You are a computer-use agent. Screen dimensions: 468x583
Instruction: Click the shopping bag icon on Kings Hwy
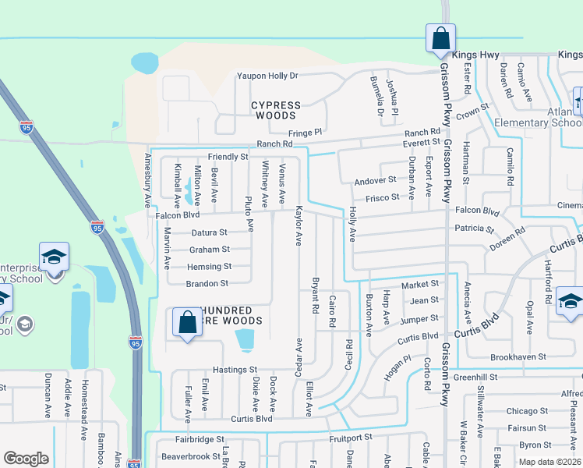[440, 37]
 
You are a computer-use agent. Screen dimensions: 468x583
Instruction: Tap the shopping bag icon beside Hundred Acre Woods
[188, 322]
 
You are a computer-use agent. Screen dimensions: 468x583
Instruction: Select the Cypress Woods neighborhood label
[275, 110]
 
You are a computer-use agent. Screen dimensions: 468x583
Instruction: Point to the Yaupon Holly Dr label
[267, 76]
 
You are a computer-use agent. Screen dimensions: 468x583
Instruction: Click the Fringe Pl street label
[306, 133]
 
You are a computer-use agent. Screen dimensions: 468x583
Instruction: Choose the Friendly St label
[228, 157]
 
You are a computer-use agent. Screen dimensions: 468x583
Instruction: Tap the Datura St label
[209, 232]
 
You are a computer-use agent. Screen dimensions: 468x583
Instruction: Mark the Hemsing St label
[210, 267]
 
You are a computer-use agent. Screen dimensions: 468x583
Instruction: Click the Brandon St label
[207, 284]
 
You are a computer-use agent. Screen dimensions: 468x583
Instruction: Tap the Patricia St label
[475, 229]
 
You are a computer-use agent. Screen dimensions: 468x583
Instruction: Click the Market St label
[420, 284]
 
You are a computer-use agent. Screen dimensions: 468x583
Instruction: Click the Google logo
[26, 459]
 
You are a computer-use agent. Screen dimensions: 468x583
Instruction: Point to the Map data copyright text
[549, 462]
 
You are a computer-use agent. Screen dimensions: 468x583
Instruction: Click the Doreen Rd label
[507, 236]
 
